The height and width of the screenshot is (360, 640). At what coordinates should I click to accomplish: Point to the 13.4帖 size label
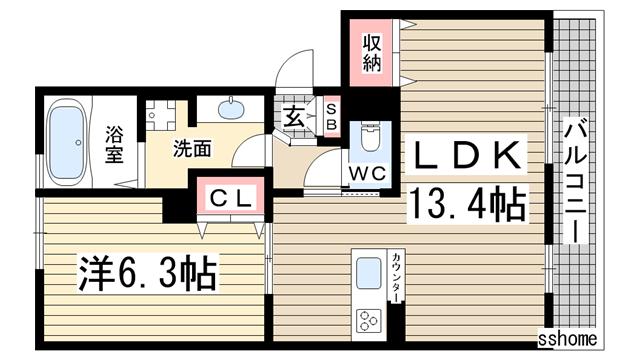pos(466,207)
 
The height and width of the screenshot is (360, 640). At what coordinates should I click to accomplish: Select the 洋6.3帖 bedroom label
pos(148,269)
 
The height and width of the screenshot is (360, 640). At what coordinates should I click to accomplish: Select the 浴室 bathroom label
pos(114,142)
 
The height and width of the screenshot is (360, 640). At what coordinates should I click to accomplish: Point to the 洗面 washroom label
pos(193,149)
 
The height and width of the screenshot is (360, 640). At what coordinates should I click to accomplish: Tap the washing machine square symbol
pos(158,116)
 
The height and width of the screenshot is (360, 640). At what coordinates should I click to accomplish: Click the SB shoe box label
pos(331,116)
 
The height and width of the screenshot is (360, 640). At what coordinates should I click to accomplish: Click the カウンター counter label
pos(396,278)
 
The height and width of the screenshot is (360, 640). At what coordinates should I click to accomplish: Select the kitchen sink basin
pos(368,273)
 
